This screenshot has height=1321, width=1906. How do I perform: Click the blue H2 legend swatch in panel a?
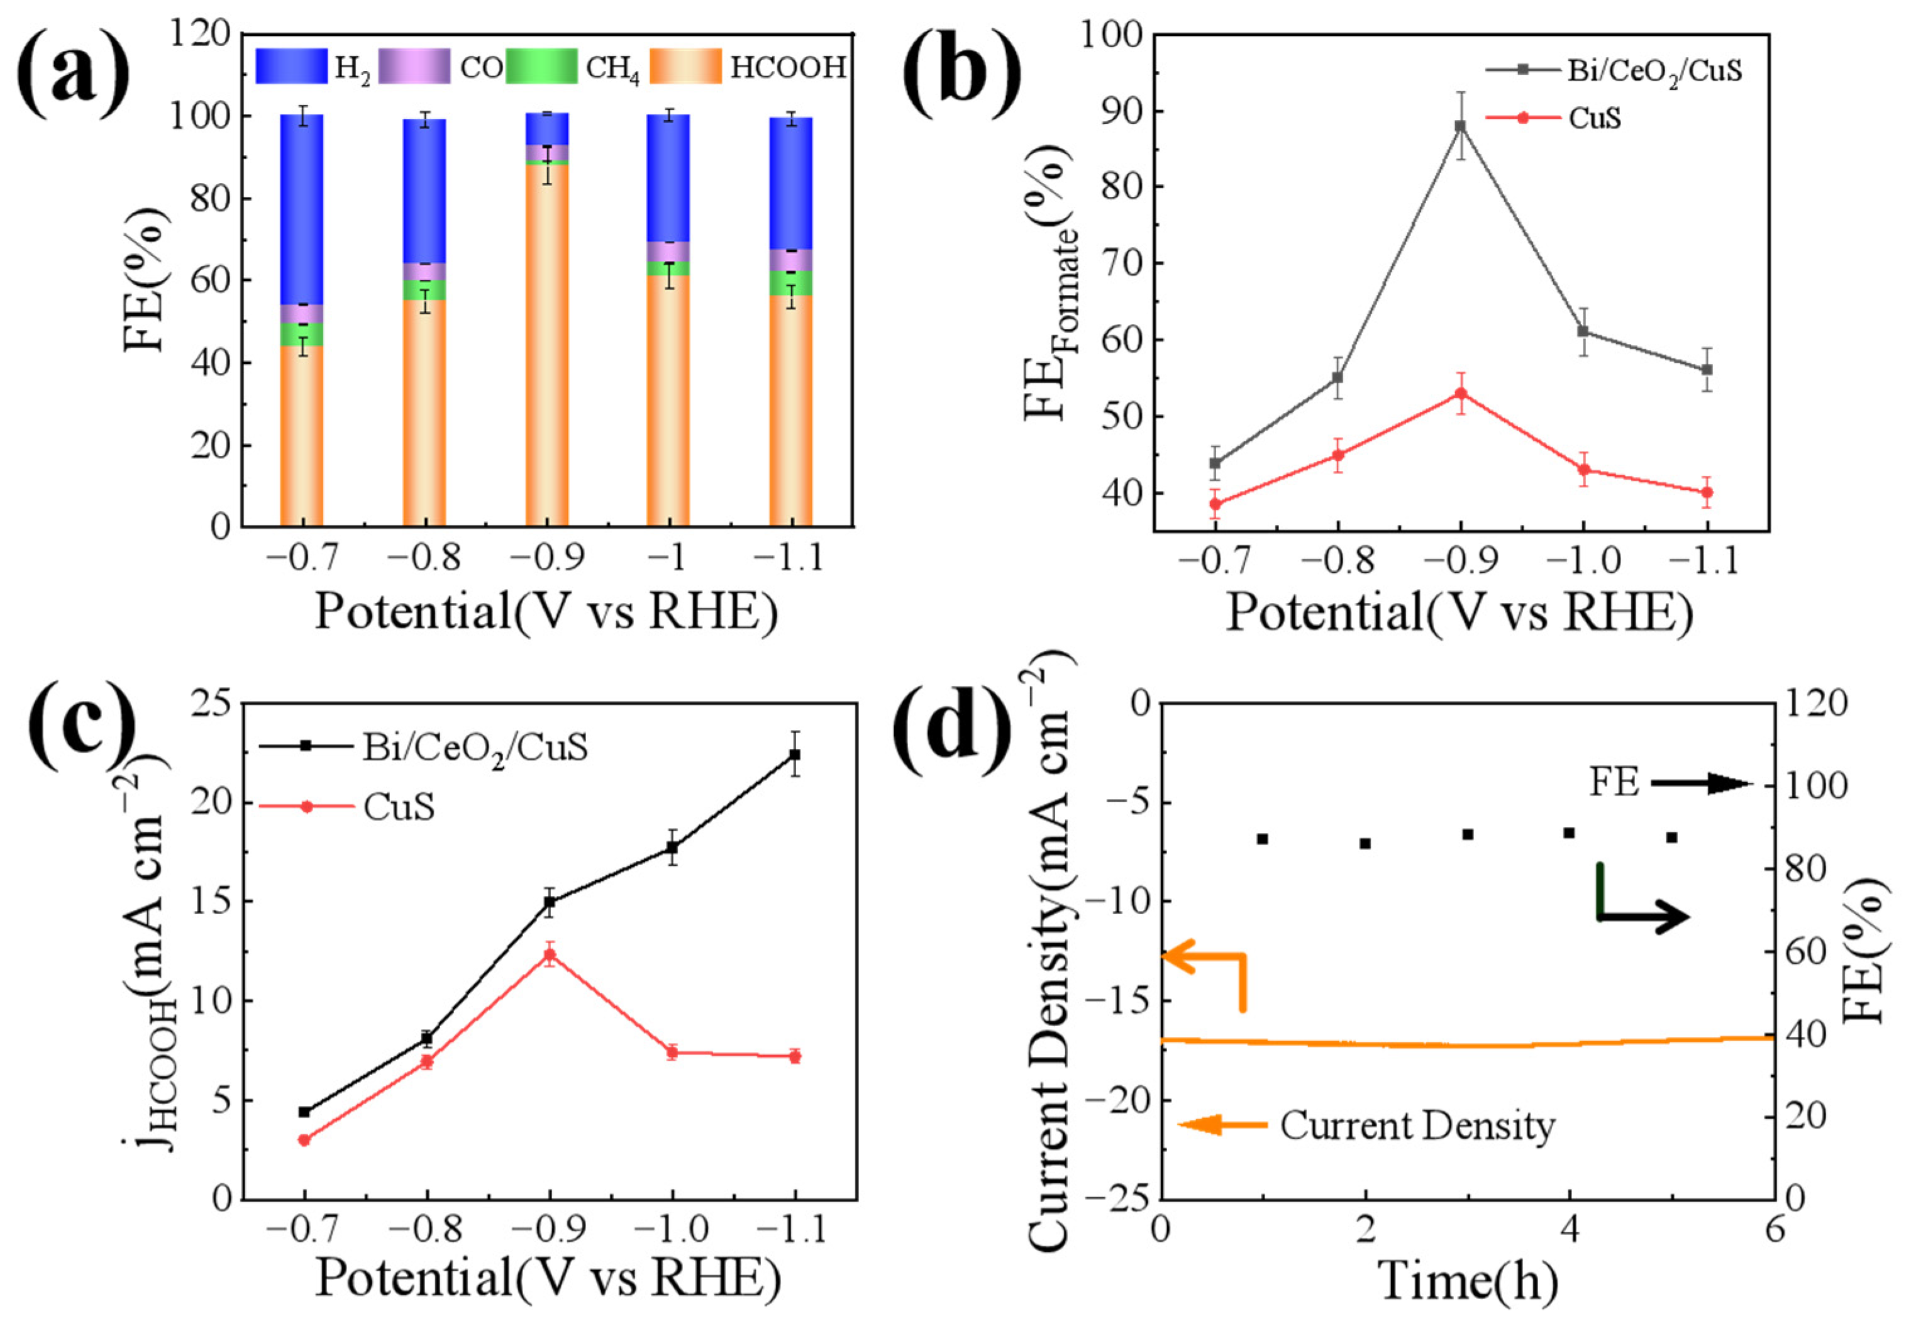[291, 66]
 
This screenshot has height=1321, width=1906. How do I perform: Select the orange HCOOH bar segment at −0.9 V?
[546, 348]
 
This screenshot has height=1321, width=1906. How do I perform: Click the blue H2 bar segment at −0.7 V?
[301, 207]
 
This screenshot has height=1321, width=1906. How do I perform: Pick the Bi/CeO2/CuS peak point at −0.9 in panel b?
[1461, 126]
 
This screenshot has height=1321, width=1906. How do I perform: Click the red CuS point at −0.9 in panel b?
[1461, 393]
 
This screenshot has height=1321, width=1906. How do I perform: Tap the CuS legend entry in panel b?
[1593, 118]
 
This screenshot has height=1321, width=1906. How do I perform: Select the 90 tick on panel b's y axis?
[1121, 111]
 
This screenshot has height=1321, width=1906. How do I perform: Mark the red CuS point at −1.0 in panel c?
[672, 1053]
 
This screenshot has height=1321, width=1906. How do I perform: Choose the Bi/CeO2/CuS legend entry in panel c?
[474, 748]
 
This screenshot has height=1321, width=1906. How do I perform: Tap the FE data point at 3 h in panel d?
[1467, 834]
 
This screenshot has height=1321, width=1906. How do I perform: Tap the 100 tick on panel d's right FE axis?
[1817, 785]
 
